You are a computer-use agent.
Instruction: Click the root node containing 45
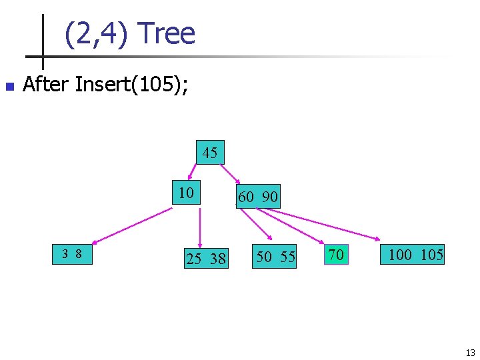[210, 153]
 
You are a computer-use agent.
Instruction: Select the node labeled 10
[186, 193]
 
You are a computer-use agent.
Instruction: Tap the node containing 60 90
[258, 197]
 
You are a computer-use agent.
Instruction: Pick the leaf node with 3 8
[72, 253]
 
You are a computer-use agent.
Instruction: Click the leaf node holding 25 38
[206, 258]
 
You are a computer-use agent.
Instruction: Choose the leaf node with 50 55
[275, 257]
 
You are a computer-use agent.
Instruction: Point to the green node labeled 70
[336, 254]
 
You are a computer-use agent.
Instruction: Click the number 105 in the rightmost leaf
[432, 254]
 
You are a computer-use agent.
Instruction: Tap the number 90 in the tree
[269, 197]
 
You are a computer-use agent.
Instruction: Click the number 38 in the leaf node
[217, 259]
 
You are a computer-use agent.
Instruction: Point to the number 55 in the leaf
[287, 257]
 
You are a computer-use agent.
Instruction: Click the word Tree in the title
[169, 33]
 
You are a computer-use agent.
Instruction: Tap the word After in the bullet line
[47, 85]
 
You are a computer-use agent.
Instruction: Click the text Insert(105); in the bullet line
[131, 85]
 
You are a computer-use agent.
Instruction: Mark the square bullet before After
[9, 86]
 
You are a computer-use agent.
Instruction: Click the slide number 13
[470, 353]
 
